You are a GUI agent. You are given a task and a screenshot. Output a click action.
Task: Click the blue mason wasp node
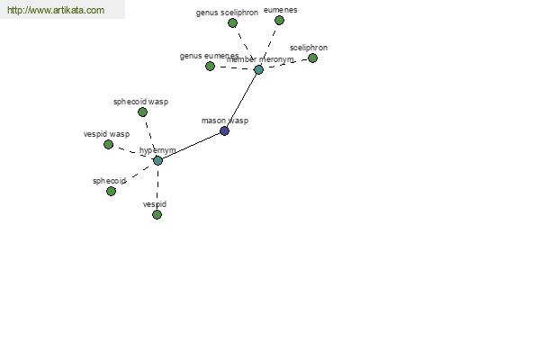click(224, 130)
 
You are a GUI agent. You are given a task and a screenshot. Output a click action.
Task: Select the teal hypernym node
click(157, 160)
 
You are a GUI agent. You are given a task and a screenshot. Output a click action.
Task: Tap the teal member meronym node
click(258, 70)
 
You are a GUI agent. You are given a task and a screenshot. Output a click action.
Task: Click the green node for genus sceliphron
click(232, 23)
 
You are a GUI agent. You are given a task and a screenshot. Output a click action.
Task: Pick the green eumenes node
click(279, 21)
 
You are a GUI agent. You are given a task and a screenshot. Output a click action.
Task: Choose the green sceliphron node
click(312, 58)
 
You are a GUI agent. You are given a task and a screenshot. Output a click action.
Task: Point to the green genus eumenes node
click(210, 66)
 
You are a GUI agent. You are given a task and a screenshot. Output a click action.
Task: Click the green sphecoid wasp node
click(142, 112)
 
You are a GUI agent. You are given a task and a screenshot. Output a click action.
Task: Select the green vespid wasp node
click(109, 144)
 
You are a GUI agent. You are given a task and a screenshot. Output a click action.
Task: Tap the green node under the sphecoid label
click(111, 191)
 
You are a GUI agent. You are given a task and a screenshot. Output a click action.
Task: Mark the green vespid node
click(157, 214)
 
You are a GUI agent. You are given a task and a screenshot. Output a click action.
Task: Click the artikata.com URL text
click(56, 10)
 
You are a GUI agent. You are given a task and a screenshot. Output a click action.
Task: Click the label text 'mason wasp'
click(225, 121)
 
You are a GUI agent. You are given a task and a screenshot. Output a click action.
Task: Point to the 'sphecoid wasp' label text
click(141, 102)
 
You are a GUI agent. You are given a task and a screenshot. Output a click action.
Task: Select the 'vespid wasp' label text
click(106, 134)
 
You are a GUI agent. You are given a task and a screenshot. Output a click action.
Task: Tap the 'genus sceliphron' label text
click(227, 13)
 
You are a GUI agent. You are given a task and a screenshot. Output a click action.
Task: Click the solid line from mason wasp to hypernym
click(191, 146)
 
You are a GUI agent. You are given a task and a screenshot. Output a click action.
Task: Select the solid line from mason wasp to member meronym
click(241, 101)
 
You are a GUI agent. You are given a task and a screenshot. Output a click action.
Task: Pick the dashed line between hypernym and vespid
click(157, 187)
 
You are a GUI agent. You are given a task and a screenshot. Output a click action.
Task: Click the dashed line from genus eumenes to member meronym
click(234, 67)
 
